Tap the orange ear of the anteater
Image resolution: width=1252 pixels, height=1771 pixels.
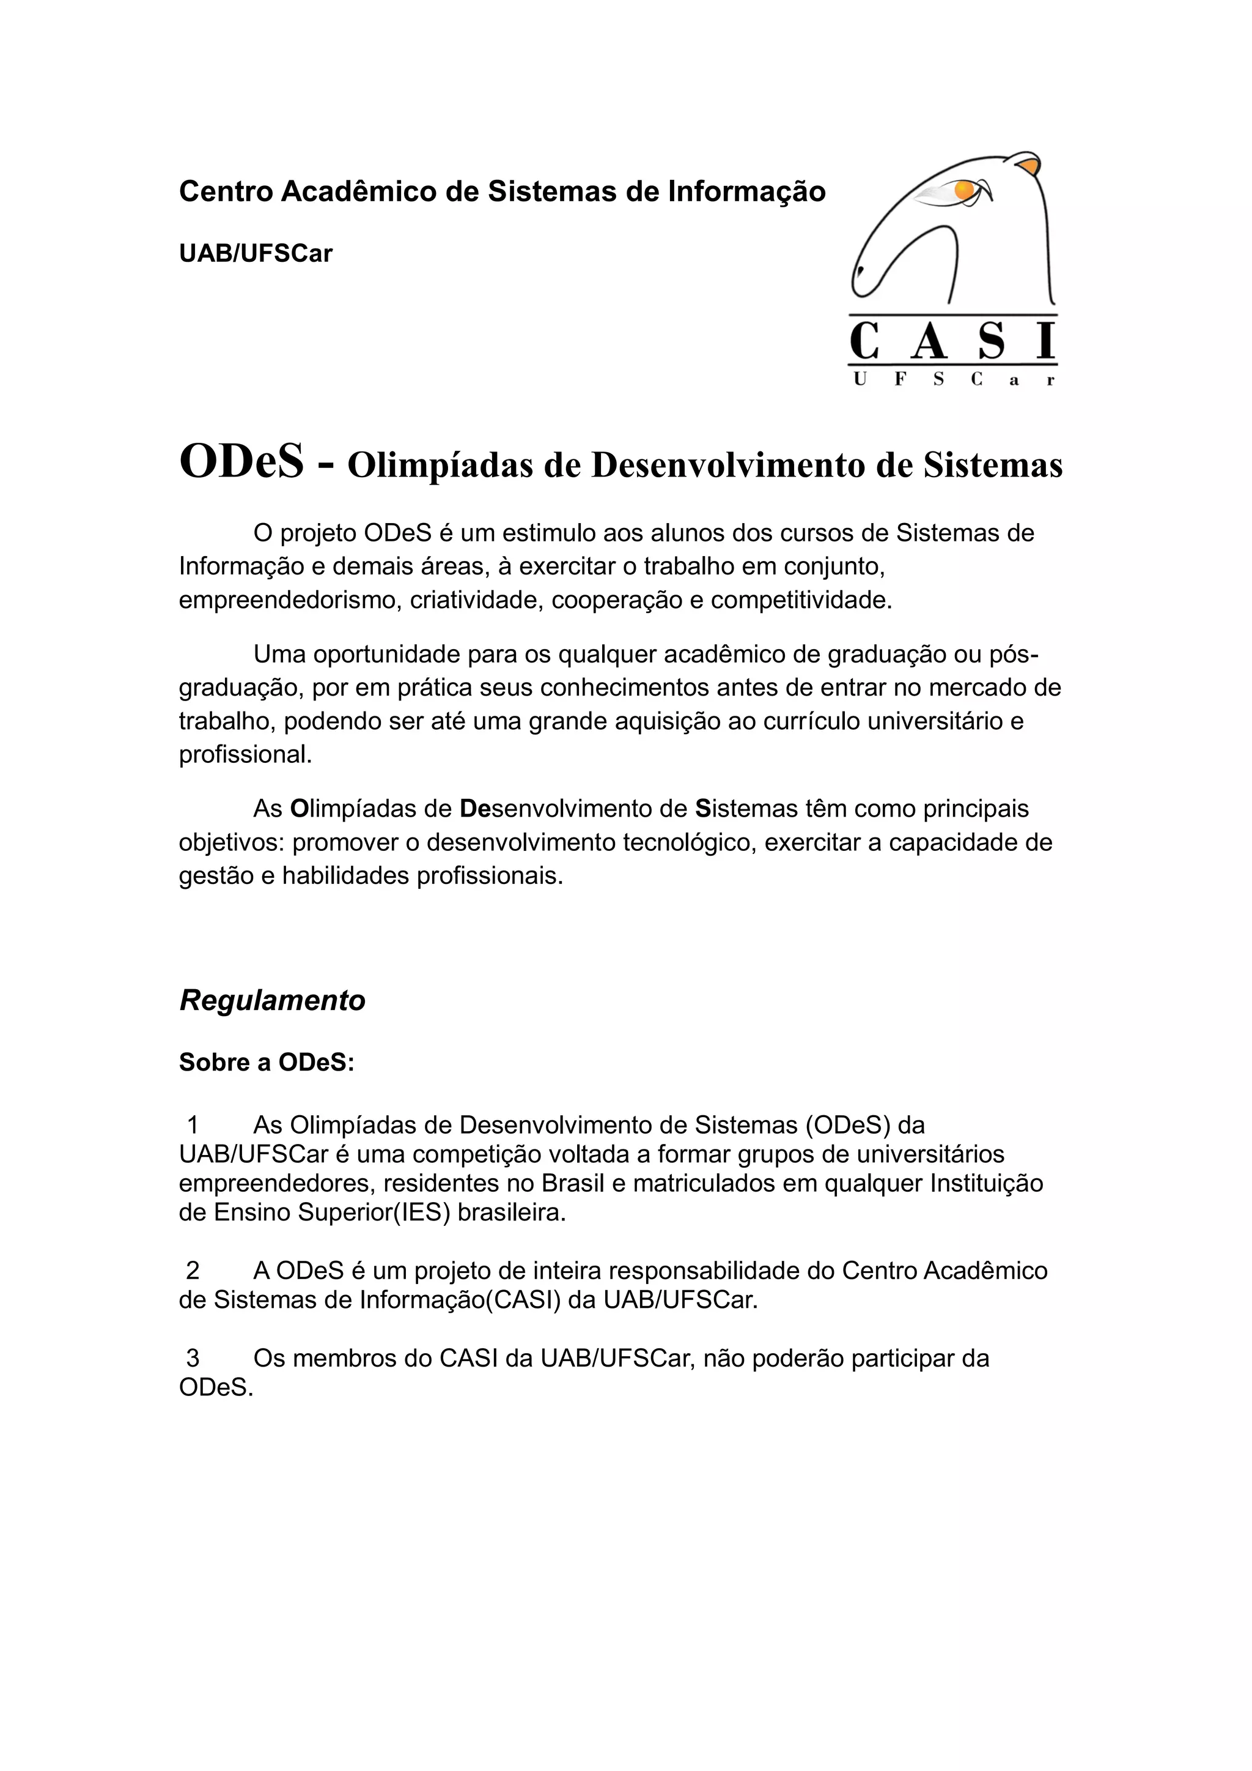tap(1028, 166)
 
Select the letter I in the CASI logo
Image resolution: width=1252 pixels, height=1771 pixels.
tap(1045, 342)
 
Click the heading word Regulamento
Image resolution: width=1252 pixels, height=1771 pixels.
tap(272, 1000)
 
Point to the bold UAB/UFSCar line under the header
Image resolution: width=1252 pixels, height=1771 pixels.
tap(255, 254)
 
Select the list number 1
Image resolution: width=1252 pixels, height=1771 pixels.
tap(193, 1126)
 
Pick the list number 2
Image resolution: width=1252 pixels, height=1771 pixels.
tap(193, 1271)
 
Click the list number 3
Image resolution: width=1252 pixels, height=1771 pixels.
tap(193, 1357)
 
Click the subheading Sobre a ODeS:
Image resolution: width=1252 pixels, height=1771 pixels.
tap(267, 1063)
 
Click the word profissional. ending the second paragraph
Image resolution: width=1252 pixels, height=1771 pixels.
tap(246, 754)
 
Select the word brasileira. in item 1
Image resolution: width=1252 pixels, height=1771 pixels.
tap(512, 1212)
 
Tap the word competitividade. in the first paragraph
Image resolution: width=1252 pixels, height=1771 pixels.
tap(801, 600)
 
